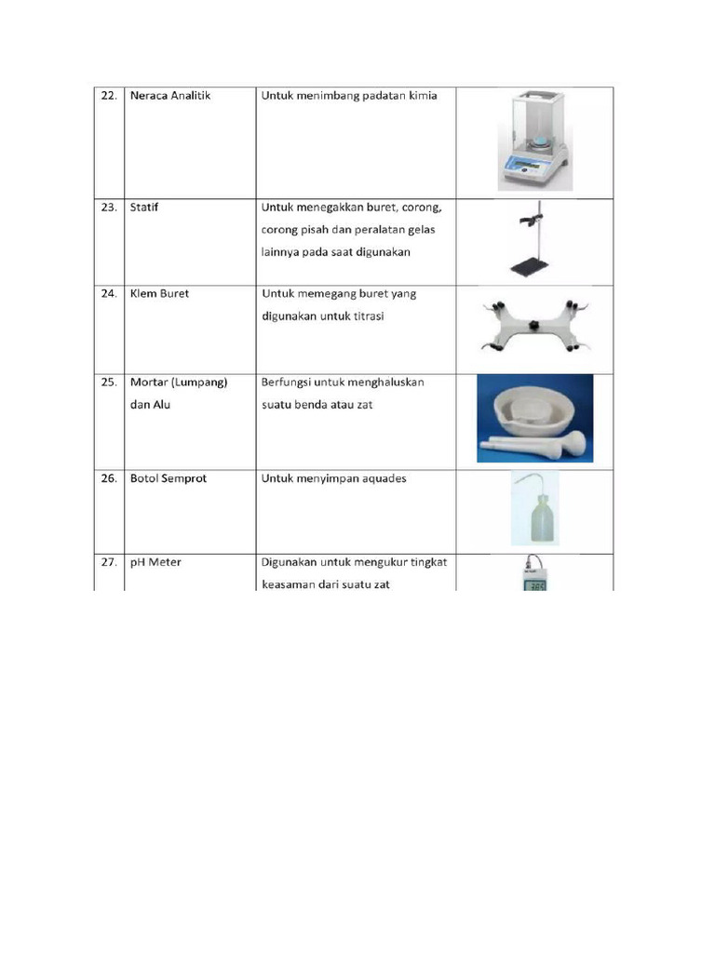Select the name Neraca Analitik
[170, 96]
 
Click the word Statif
[145, 208]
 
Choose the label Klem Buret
[160, 294]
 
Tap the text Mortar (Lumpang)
[180, 383]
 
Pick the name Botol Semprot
[169, 478]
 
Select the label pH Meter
[156, 562]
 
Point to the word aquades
[381, 478]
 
